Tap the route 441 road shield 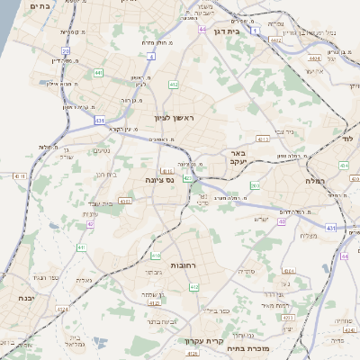click(97, 72)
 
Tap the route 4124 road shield click(61, 308)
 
